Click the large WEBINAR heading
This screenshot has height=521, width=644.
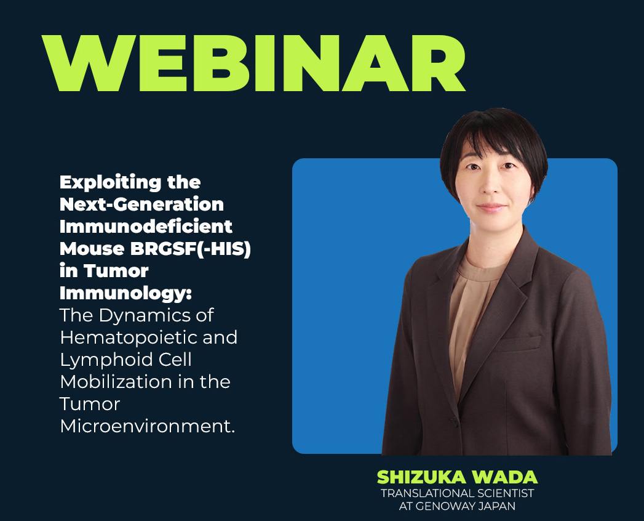[254, 63]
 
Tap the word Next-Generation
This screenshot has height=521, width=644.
[141, 204]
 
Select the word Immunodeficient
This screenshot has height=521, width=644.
[146, 227]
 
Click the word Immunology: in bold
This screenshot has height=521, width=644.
[125, 294]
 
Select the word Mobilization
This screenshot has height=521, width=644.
[116, 382]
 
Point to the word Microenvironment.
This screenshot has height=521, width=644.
[148, 426]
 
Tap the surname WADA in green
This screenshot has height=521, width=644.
[505, 477]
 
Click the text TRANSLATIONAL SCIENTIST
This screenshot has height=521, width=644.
[457, 493]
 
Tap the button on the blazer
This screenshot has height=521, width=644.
[454, 422]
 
